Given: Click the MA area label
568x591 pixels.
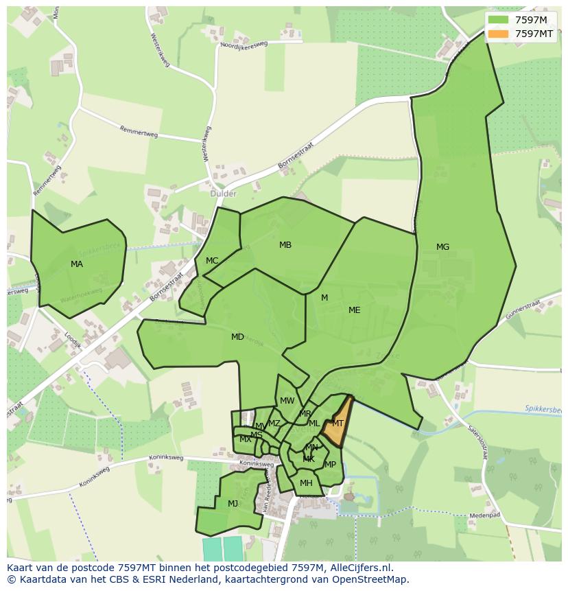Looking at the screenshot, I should point(77,264).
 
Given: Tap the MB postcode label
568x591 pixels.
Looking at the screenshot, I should point(285,245).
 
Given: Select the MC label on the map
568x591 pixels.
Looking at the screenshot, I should point(212,261).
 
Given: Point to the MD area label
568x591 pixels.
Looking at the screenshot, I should point(237,337).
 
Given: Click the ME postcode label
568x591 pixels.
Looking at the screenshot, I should point(354,310).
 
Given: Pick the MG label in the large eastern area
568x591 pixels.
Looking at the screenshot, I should point(442,247).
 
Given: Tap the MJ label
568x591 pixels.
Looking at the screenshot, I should point(233,504).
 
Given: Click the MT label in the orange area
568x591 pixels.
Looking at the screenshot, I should point(338,424).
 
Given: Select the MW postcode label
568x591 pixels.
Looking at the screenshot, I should point(287,401).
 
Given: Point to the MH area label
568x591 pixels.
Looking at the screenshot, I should point(306,483).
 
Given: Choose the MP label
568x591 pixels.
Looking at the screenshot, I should point(331,465).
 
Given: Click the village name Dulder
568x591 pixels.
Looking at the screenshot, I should point(224,194).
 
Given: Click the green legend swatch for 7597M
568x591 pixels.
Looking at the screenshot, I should point(499,20).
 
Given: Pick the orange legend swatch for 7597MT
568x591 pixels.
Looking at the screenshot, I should point(499,34).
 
